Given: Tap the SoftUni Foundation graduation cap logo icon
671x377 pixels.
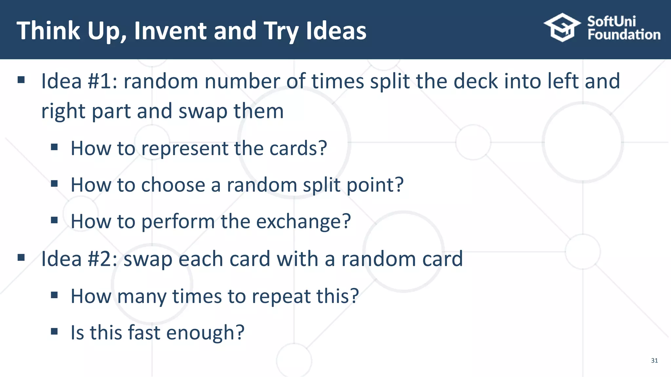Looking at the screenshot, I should (562, 27).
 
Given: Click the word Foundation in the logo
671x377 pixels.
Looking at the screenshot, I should (624, 35).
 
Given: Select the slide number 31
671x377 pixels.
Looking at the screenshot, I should (654, 361).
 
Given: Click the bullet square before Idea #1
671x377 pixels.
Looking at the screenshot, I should (21, 80).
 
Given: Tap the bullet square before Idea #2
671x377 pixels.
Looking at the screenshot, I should (21, 258).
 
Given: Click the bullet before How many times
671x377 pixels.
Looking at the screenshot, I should (54, 295).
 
